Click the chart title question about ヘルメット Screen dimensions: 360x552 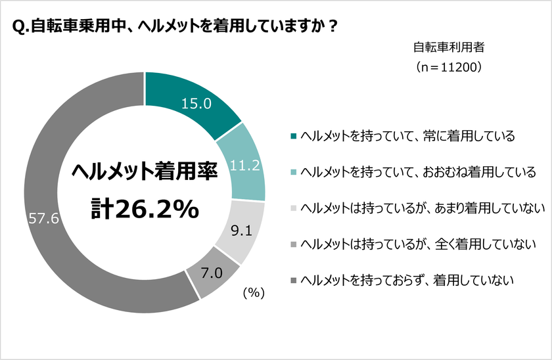pyautogui.click(x=175, y=27)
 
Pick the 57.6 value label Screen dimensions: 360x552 pyautogui.click(x=44, y=219)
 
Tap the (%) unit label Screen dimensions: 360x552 pyautogui.click(x=253, y=294)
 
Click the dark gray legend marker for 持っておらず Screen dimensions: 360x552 pyautogui.click(x=293, y=280)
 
